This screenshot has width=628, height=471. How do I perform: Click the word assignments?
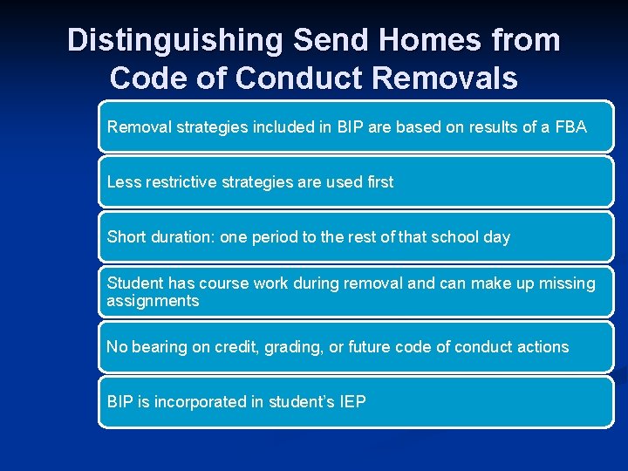(x=153, y=301)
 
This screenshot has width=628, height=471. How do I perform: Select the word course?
(x=227, y=283)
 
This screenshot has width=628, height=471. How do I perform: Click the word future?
(x=370, y=347)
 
